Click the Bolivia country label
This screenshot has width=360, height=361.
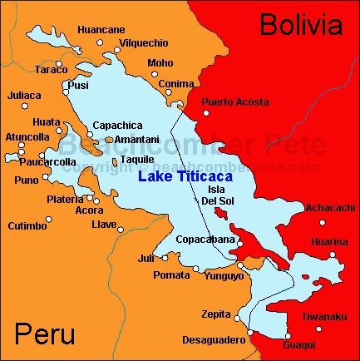[x=300, y=25]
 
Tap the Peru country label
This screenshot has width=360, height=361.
[x=44, y=335]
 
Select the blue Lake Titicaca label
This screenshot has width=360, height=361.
[x=185, y=176]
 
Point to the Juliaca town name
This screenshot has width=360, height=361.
[x=23, y=96]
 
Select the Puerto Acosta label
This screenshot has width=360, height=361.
[x=235, y=101]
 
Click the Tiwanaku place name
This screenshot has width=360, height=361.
[x=324, y=316]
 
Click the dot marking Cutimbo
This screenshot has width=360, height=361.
[x=48, y=220]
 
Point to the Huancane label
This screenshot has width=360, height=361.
[x=101, y=30]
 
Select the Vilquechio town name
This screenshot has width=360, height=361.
[x=144, y=42]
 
